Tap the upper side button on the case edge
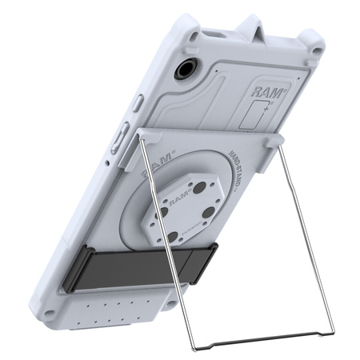138,102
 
